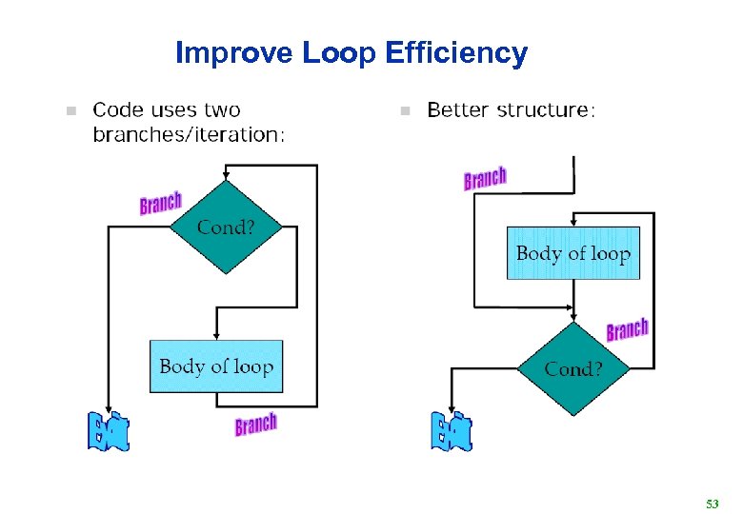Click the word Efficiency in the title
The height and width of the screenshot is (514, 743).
click(456, 53)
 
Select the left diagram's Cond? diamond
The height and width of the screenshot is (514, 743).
click(226, 227)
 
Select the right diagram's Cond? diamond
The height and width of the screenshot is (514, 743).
click(572, 368)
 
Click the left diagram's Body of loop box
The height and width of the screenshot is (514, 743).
click(216, 366)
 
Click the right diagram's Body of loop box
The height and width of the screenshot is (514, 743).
click(572, 253)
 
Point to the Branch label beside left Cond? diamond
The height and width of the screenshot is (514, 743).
click(160, 202)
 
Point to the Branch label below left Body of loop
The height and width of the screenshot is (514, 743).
click(255, 425)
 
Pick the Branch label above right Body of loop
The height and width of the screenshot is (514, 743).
click(485, 177)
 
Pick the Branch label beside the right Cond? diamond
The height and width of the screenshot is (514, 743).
click(627, 330)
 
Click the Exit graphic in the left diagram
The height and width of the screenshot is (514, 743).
click(108, 432)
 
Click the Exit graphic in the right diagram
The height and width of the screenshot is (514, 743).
click(451, 431)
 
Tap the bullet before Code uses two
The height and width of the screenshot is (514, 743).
click(68, 111)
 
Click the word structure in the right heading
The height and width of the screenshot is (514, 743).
click(546, 110)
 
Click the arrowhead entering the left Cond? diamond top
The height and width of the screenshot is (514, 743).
click(225, 175)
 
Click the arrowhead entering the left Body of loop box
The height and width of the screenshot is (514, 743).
click(216, 335)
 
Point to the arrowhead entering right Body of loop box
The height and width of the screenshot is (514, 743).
click(572, 222)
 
